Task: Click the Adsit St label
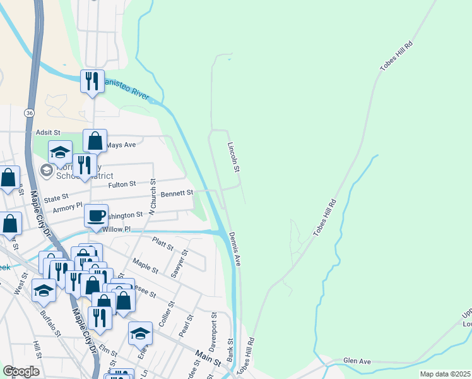coord(47,133)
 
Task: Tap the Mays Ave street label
coord(121,145)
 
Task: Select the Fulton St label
coord(122,184)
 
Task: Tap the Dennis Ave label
coord(235,248)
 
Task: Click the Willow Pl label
coord(116,229)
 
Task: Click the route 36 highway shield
coord(29,112)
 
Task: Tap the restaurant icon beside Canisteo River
coord(92,81)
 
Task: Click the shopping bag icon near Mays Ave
coord(95,141)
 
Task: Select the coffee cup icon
coord(96,216)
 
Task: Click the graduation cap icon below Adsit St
coord(61,152)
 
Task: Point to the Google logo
coord(21,371)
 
